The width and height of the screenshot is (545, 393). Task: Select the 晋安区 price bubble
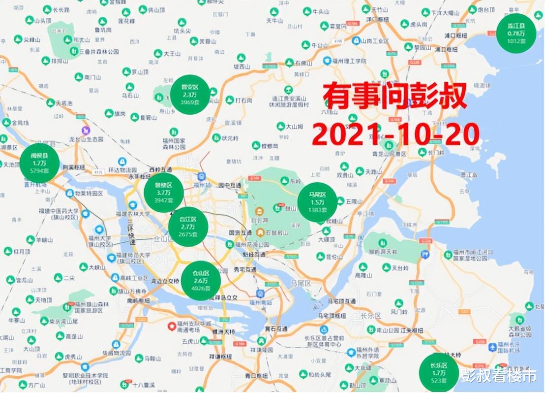[x=190, y=95]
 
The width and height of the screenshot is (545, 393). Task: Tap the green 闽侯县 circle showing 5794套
[x=39, y=163]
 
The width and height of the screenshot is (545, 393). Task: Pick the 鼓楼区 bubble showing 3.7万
[x=164, y=193]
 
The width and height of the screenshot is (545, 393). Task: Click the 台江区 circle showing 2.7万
[x=188, y=227]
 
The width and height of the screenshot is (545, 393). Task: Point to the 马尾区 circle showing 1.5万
[x=317, y=202]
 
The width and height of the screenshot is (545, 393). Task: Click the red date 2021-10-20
[x=395, y=134]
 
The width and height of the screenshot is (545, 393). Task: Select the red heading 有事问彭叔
[x=395, y=96]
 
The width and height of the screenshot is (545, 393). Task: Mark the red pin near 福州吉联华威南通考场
[x=172, y=326]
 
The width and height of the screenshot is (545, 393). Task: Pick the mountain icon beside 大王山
[x=158, y=53]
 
